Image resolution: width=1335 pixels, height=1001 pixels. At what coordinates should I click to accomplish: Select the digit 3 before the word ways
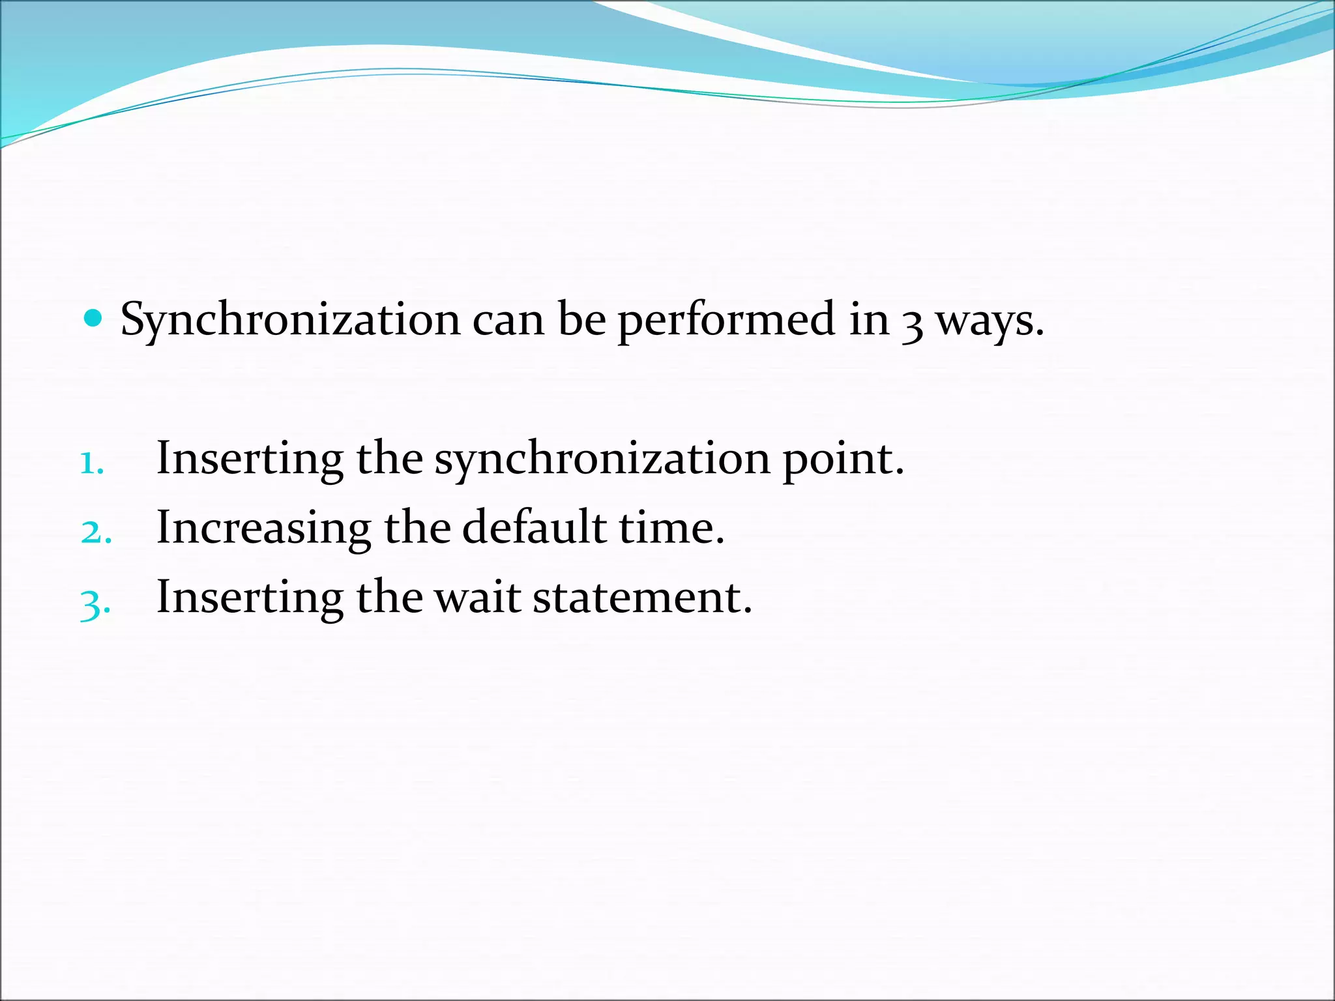click(912, 324)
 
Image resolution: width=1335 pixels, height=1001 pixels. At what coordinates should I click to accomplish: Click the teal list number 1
click(92, 463)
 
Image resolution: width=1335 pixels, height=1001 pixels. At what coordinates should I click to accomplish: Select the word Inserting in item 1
click(250, 458)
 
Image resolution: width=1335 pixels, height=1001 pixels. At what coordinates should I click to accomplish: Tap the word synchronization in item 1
click(602, 459)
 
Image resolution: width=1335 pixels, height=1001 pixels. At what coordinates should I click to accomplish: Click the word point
click(842, 459)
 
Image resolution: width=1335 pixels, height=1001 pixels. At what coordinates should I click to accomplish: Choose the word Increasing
click(263, 528)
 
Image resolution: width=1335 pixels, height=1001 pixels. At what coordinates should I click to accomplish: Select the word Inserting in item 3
click(250, 598)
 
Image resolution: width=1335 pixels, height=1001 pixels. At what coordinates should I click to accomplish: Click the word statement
click(641, 598)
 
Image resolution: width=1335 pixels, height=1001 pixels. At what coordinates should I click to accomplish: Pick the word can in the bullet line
click(508, 321)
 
